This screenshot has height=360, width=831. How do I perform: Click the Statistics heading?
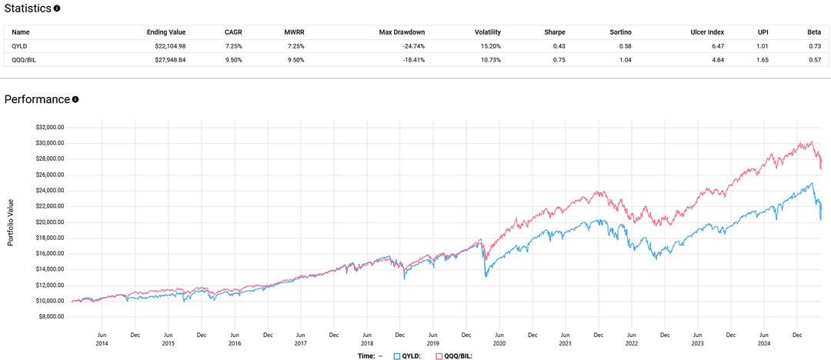28,8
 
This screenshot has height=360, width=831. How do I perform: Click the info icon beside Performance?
75,99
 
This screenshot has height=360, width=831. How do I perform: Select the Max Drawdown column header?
402,32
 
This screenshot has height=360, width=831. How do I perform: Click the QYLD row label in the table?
21,46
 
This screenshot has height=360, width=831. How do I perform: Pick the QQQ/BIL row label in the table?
26,59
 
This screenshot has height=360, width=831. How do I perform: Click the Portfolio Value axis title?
10,222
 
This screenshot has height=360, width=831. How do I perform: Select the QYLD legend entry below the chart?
409,356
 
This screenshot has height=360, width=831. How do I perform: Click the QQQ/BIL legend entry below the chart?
455,356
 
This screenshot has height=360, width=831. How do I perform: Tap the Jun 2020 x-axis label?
498,339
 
